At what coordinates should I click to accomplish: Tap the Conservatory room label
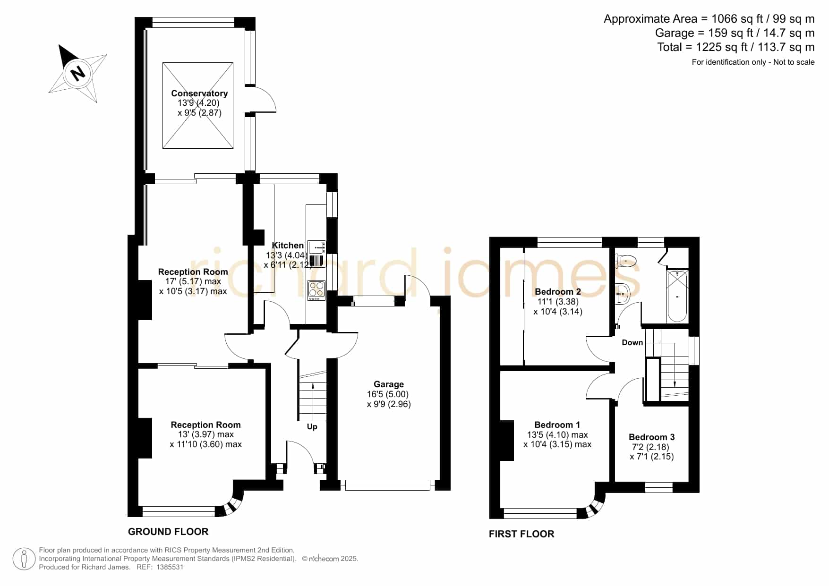pos(199,93)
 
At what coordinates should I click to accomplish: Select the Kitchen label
pos(288,246)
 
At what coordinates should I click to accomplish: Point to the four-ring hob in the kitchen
pos(316,290)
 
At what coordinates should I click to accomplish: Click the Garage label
pos(389,384)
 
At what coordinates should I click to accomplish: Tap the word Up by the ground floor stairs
pos(312,427)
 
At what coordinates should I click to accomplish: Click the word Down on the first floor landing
pos(632,342)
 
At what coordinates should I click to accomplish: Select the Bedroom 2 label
pos(558,291)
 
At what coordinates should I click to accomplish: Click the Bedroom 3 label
pos(652,437)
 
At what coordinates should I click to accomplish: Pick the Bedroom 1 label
pos(557,425)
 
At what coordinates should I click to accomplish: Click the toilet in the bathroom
pos(625,260)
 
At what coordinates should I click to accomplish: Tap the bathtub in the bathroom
pos(677,296)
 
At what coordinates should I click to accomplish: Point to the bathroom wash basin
pos(622,293)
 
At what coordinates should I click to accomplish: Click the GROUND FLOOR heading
pos(168,532)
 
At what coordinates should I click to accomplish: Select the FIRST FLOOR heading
pos(521,534)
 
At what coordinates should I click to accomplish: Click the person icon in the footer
pos(24,559)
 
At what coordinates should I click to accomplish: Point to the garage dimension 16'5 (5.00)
pos(388,394)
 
